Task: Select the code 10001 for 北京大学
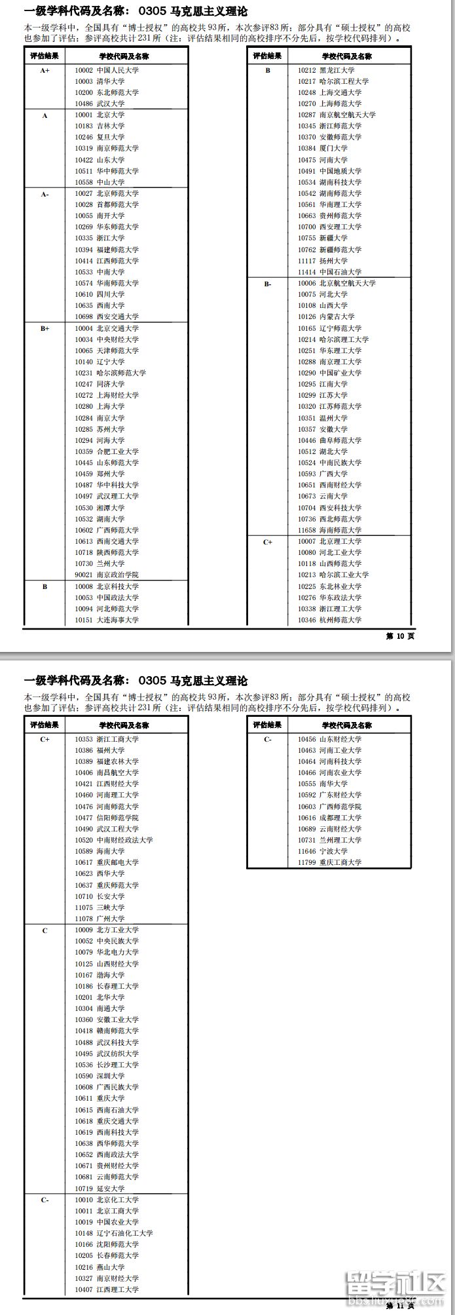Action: [x=83, y=115]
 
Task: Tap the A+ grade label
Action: [x=45, y=70]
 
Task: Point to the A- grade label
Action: [x=45, y=194]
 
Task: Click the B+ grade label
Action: [x=45, y=328]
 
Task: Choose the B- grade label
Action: [x=267, y=284]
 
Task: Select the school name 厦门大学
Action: [x=333, y=149]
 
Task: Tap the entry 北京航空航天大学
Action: [x=348, y=283]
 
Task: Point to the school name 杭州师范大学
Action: [x=340, y=620]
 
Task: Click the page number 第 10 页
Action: [x=400, y=636]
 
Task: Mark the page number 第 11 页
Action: [x=400, y=1306]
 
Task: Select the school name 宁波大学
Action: [x=333, y=851]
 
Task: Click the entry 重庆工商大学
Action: [x=340, y=862]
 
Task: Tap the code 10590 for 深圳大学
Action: [x=83, y=1077]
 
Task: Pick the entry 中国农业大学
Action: [x=118, y=1222]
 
